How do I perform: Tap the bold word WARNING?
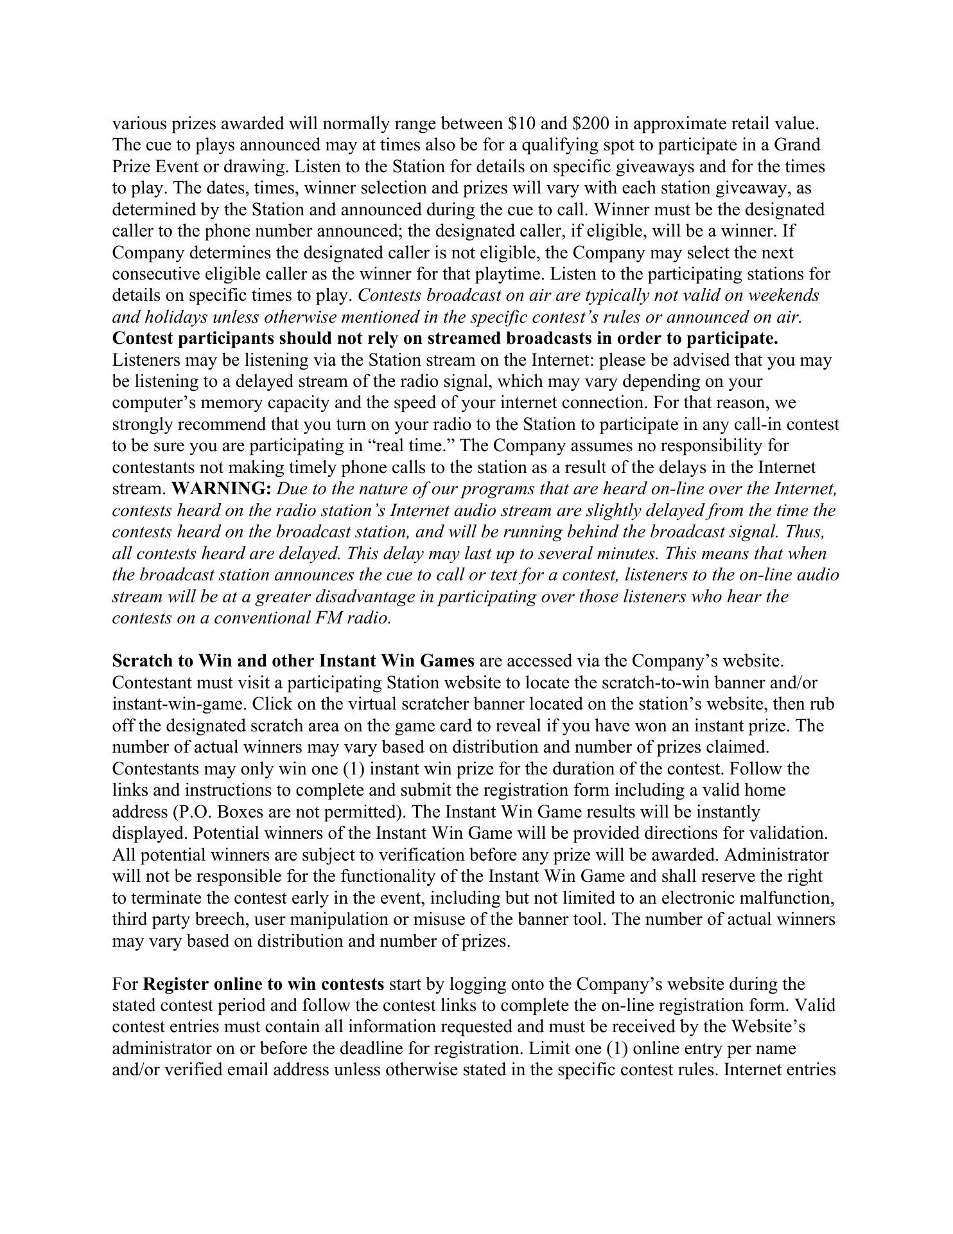[222, 489]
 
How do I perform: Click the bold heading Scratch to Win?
[175, 661]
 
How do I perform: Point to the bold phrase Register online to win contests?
[264, 984]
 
